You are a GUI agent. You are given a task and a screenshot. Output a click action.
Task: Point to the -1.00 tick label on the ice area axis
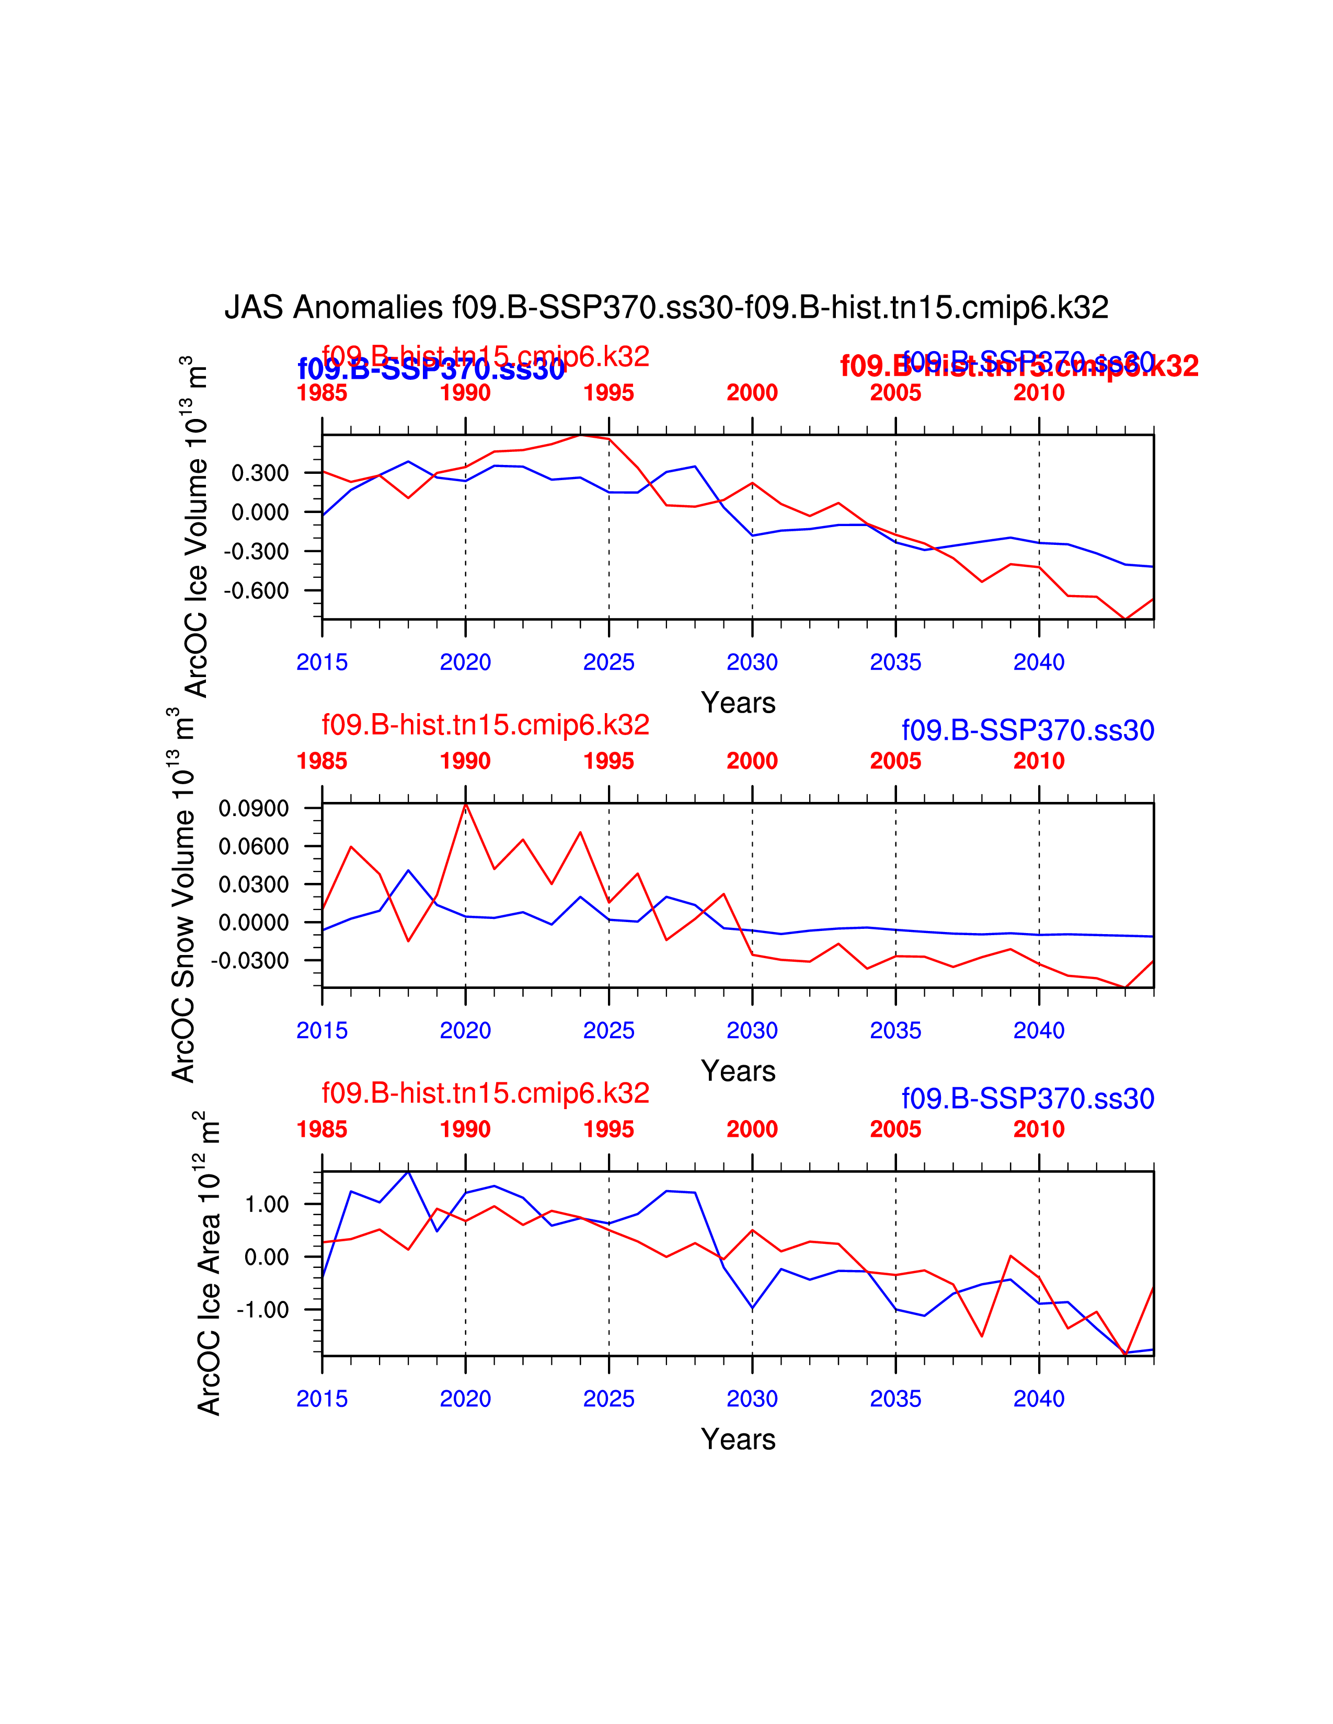tap(263, 1310)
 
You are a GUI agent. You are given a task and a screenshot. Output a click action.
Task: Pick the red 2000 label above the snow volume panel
tap(752, 761)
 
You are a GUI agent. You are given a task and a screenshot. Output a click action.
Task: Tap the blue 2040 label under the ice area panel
tap(1039, 1399)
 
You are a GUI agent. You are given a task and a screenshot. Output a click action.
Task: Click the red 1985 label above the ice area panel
tap(321, 1129)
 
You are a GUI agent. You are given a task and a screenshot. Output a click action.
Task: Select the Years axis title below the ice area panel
tap(738, 1439)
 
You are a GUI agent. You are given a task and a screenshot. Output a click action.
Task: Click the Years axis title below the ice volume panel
tap(738, 703)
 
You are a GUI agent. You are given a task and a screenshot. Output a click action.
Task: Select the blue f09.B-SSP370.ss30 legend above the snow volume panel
tap(1027, 730)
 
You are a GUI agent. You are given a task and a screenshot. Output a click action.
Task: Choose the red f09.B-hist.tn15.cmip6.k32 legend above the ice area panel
tap(485, 1093)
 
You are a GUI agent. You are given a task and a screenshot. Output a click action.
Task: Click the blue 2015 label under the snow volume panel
tap(321, 1030)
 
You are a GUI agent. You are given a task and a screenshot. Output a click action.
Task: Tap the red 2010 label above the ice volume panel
tap(1039, 392)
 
